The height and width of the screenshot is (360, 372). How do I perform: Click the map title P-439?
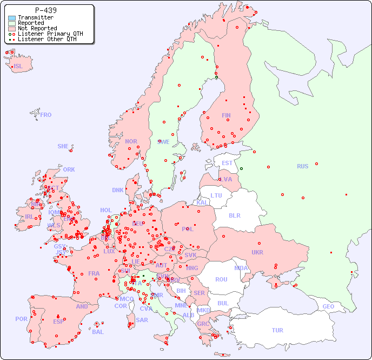pyautogui.click(x=45, y=10)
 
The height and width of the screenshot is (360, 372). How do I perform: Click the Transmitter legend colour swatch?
pyautogui.click(x=12, y=18)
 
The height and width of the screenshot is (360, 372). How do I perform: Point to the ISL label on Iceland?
pyautogui.click(x=18, y=67)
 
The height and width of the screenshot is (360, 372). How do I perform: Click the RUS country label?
pyautogui.click(x=302, y=166)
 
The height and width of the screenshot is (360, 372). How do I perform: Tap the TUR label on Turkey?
pyautogui.click(x=277, y=330)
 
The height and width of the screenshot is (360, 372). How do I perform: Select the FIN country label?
pyautogui.click(x=226, y=115)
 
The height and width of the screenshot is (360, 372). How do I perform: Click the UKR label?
pyautogui.click(x=257, y=252)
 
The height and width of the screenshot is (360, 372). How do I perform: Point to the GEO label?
pyautogui.click(x=328, y=306)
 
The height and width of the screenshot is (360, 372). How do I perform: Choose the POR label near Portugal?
pyautogui.click(x=21, y=319)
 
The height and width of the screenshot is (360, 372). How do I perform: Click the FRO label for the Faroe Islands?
pyautogui.click(x=46, y=115)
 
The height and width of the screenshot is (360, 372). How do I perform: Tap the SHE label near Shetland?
pyautogui.click(x=63, y=146)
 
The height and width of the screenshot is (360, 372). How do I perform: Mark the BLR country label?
pyautogui.click(x=235, y=215)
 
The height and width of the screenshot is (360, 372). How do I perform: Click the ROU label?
pyautogui.click(x=221, y=279)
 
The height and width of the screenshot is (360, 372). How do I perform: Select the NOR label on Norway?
pyautogui.click(x=131, y=141)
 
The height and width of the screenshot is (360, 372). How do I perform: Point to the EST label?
pyautogui.click(x=228, y=163)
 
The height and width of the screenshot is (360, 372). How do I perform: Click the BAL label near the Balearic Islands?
pyautogui.click(x=98, y=332)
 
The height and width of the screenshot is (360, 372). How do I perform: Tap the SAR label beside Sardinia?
pyautogui.click(x=142, y=320)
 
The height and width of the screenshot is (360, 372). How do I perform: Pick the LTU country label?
pyautogui.click(x=216, y=195)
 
